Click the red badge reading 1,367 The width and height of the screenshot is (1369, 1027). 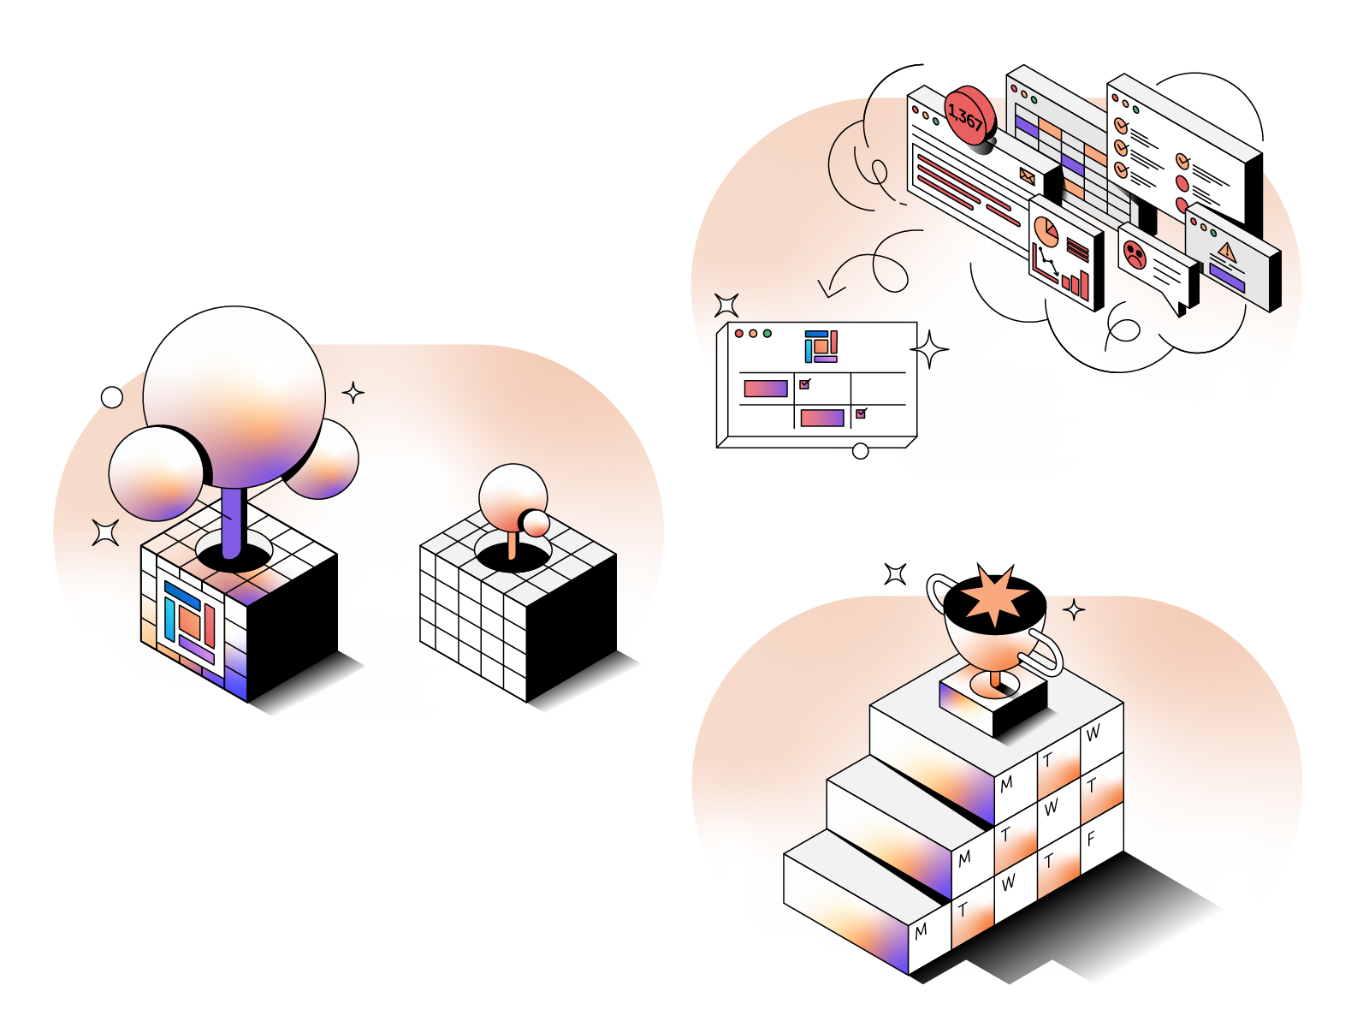pos(969,116)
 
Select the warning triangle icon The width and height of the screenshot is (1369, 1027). pos(1227,252)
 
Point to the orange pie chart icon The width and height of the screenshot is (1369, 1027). pos(1046,230)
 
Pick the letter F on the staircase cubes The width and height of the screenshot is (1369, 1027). pos(1091,839)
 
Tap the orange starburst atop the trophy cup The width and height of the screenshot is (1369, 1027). pos(995,595)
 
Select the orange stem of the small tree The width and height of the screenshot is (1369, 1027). pos(512,544)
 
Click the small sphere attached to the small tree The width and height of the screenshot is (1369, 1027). pos(536,522)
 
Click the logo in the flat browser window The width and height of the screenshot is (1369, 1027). pos(821,346)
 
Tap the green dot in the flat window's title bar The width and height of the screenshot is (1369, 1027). pos(767,334)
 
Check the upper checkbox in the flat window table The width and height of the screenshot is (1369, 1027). pos(804,384)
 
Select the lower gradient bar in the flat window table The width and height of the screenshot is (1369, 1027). pos(821,418)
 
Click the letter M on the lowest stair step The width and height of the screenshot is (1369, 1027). pos(921,931)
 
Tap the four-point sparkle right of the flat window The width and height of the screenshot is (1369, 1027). pos(929,349)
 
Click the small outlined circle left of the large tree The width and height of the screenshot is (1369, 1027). pos(112,397)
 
